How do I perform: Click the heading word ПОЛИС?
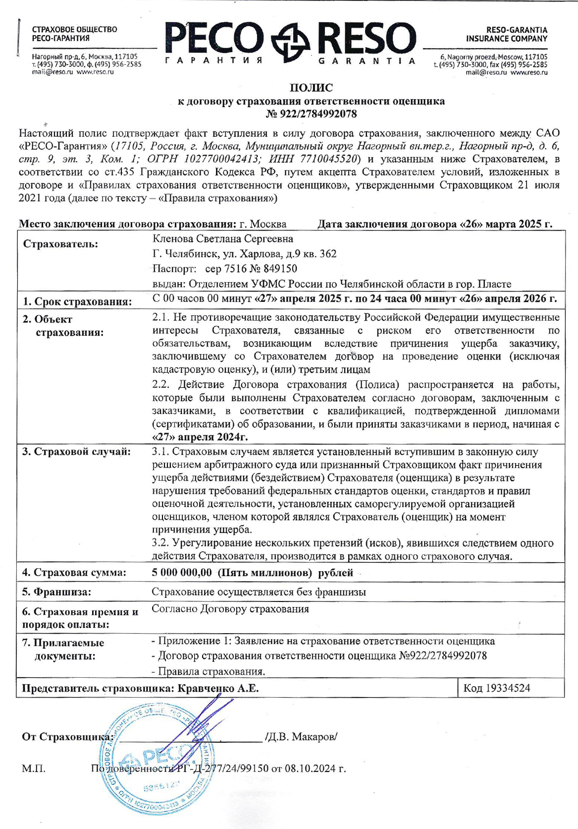[311, 88]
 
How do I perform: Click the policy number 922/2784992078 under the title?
[318, 114]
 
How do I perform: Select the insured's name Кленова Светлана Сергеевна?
[223, 239]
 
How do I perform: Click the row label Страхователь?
[60, 244]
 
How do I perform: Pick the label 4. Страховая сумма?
[74, 573]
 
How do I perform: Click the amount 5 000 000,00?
[182, 573]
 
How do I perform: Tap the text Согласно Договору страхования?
[230, 609]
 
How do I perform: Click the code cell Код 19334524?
[497, 688]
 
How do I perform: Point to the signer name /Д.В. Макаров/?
[301, 737]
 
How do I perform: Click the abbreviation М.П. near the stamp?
[34, 769]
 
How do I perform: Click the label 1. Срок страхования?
[77, 301]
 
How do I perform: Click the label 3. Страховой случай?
[77, 452]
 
